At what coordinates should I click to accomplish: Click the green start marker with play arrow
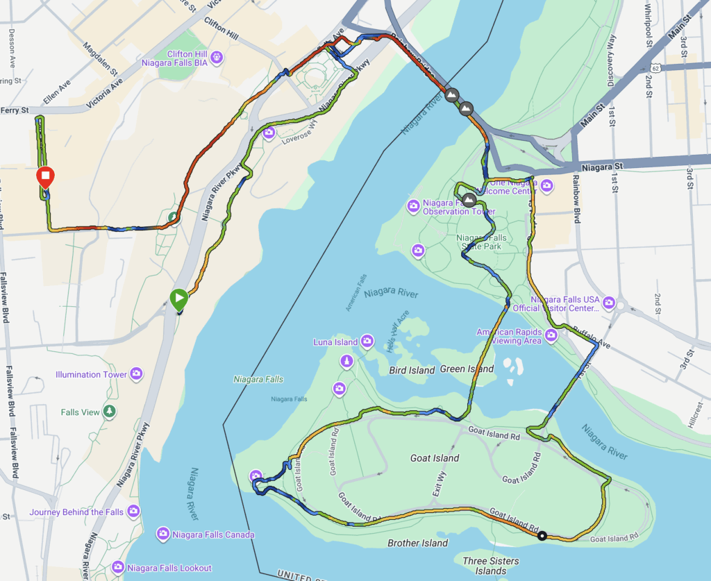(179, 299)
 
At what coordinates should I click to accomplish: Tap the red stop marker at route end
(45, 178)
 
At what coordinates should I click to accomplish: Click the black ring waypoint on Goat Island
(542, 535)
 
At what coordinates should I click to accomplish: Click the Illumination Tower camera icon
(136, 374)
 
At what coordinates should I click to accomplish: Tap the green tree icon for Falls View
(109, 412)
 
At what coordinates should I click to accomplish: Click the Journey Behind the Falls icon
(133, 512)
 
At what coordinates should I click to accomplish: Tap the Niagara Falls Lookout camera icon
(118, 567)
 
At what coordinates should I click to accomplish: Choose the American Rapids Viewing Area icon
(551, 336)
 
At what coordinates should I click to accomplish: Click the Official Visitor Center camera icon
(609, 303)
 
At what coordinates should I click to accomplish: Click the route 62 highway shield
(656, 67)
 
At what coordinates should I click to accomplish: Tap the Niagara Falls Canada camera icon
(163, 534)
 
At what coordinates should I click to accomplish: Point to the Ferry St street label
(14, 110)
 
